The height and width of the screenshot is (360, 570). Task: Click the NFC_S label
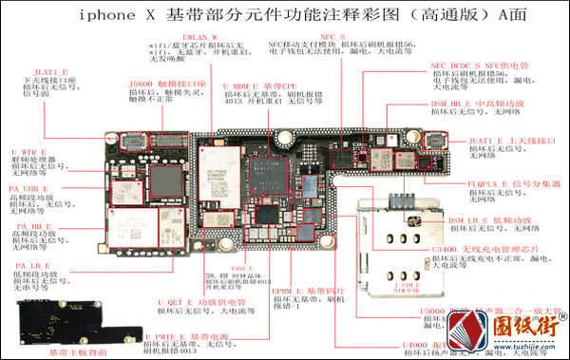tap(332, 36)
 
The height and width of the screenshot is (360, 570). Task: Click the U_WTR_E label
tap(29, 151)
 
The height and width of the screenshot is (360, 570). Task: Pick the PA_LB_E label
tap(32, 265)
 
